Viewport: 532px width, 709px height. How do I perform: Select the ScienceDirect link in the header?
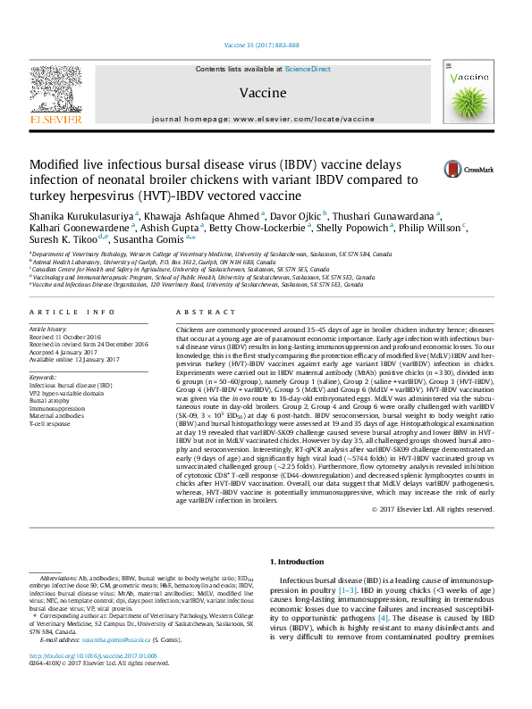coord(308,69)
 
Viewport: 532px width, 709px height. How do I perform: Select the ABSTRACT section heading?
coord(199,312)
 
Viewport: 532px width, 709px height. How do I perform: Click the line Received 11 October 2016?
coord(69,338)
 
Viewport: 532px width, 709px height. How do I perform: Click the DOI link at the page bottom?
coord(87,681)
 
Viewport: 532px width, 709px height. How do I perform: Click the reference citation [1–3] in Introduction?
coord(348,591)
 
